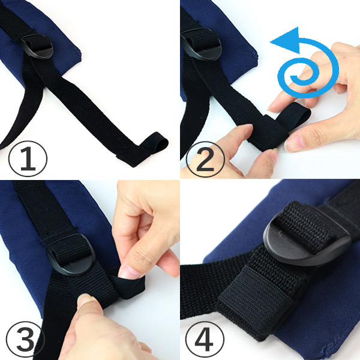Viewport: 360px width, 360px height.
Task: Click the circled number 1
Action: click(x=28, y=158)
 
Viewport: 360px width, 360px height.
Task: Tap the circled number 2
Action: click(x=205, y=159)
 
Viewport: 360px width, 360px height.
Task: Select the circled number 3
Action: click(x=25, y=340)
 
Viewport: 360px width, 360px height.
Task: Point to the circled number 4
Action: click(x=205, y=340)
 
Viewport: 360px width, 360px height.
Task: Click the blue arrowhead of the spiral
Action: click(x=287, y=40)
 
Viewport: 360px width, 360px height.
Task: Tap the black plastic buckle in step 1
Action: click(x=37, y=47)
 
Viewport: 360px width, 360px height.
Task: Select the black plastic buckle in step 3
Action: click(x=71, y=255)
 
